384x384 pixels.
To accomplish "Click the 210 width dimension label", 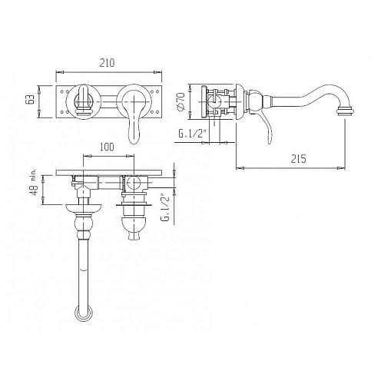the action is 107,63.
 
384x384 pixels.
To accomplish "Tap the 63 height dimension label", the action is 31,99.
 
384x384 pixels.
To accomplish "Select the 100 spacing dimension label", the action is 107,147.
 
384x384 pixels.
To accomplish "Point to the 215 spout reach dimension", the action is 298,159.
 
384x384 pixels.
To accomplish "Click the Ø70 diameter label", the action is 181,101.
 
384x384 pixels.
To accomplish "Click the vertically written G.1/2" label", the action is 166,208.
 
